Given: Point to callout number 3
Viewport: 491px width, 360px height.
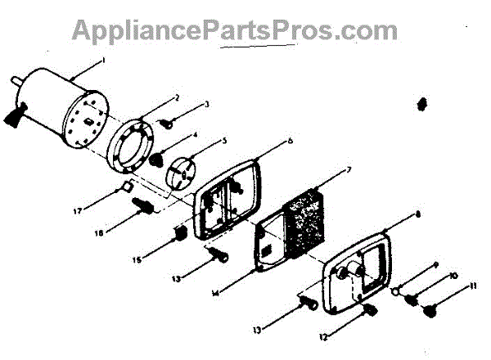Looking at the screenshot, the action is (207, 104).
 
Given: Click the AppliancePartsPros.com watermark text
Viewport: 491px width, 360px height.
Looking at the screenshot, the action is (235, 29).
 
